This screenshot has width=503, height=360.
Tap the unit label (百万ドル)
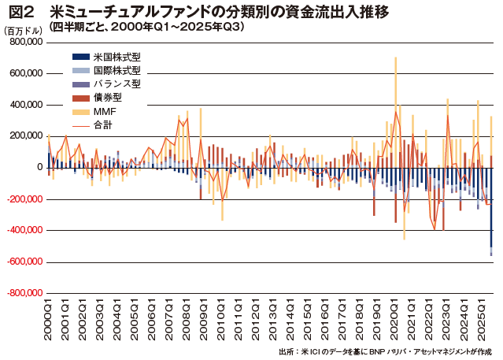click(24, 30)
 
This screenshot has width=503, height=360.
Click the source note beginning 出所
click(385, 351)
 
